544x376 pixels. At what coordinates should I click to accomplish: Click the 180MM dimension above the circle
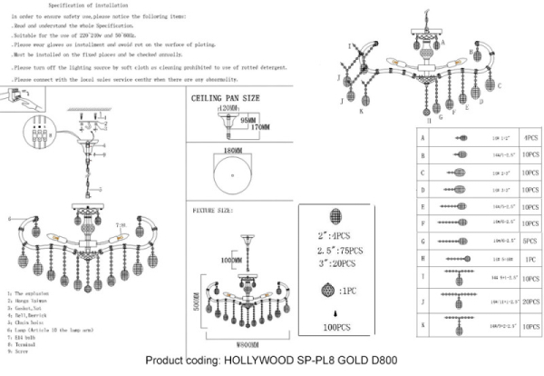tap(232, 151)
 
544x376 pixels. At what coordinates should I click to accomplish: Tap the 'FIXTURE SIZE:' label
tap(215, 210)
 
